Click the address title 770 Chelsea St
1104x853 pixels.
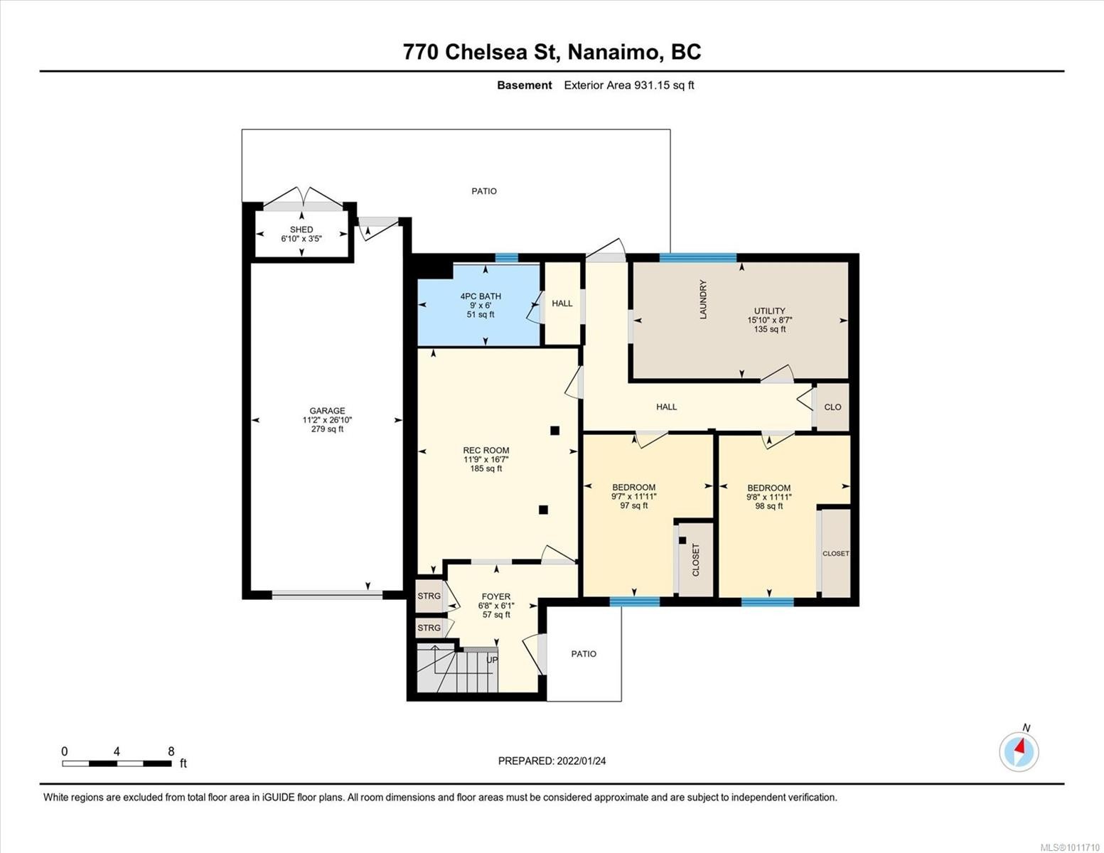pos(552,52)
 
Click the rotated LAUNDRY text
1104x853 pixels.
pos(703,299)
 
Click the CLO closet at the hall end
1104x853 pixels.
pos(832,407)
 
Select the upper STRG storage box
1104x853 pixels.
pos(429,596)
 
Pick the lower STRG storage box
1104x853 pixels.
pos(429,628)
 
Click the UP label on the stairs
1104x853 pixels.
pos(492,660)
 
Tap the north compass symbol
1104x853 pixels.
pos(1019,751)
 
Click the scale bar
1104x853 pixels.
pos(117,763)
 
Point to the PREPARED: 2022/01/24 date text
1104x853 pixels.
pos(552,761)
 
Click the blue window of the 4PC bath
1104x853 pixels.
pos(506,258)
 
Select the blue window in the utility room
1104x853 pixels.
pos(697,258)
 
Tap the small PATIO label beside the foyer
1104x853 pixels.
pos(584,654)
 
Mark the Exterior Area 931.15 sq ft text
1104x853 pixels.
pos(628,85)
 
